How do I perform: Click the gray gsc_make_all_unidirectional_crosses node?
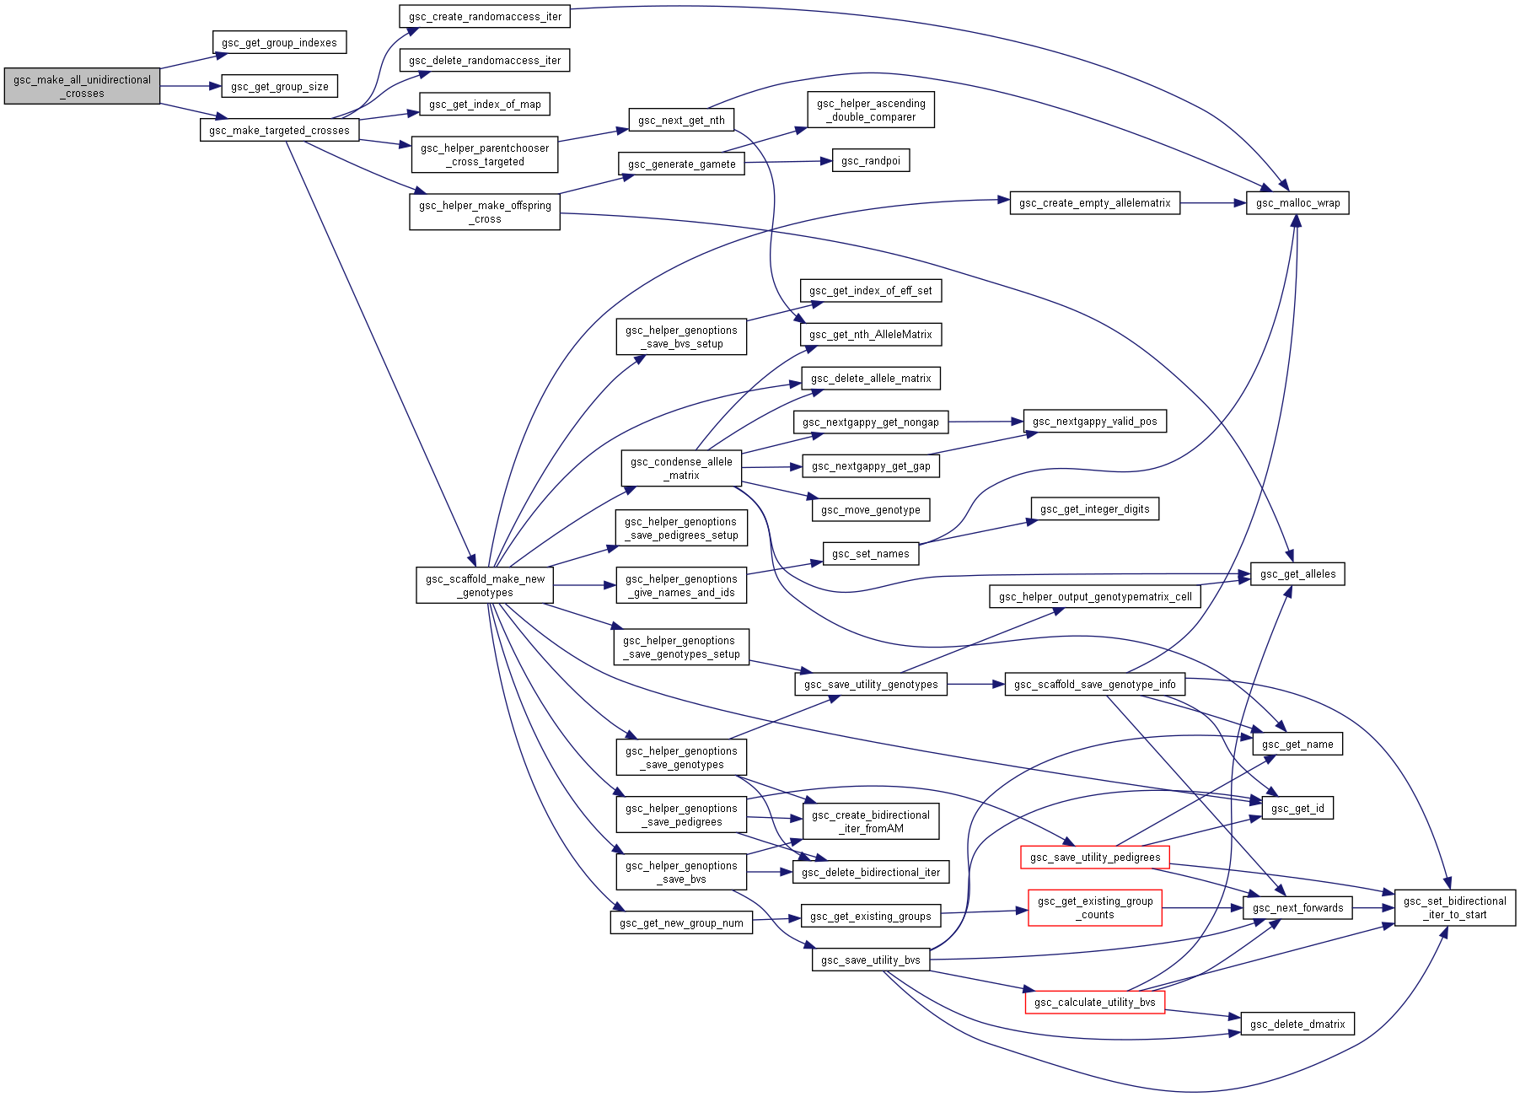click(82, 86)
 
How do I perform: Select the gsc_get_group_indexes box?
click(279, 42)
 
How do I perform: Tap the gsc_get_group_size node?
click(280, 86)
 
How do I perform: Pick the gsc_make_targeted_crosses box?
click(279, 130)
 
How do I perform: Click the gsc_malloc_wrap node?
click(1297, 202)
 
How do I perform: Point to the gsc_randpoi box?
click(871, 160)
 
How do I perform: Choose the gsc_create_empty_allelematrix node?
click(1094, 202)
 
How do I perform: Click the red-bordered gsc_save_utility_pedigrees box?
click(1094, 857)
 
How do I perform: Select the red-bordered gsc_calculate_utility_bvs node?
click(1094, 1002)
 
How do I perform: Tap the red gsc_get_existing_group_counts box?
click(1094, 907)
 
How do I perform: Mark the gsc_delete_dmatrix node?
click(1297, 1024)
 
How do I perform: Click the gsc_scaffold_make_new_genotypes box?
click(485, 585)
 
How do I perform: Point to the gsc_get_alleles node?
click(1297, 573)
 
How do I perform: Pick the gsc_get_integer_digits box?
click(1094, 508)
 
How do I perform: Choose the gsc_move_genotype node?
click(871, 509)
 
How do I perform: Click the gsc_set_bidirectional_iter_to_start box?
click(1454, 907)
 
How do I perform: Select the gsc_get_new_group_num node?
click(681, 922)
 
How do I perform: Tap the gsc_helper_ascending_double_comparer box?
click(871, 110)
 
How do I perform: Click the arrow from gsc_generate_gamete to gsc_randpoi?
click(788, 162)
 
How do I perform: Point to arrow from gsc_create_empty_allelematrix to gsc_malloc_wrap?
click(1213, 203)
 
